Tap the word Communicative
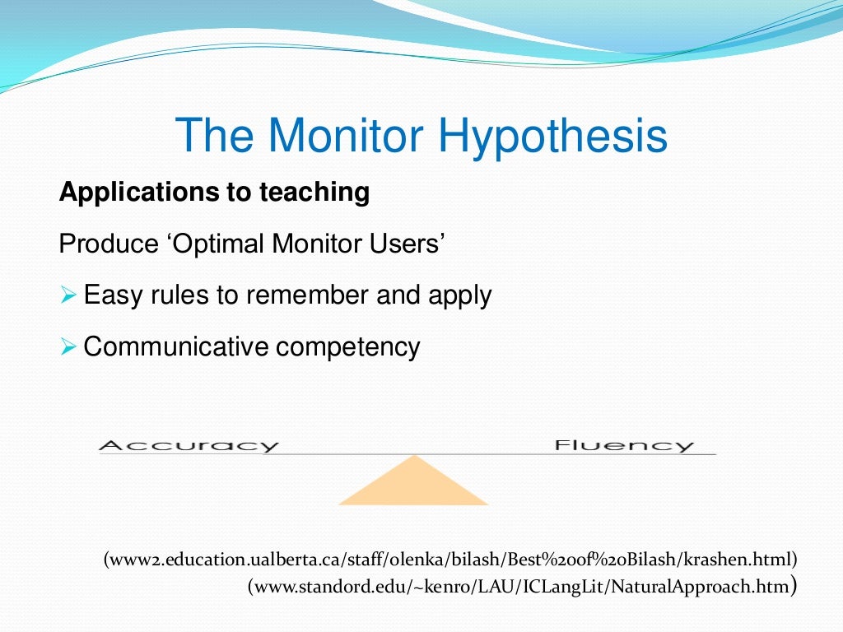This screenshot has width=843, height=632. coord(176,346)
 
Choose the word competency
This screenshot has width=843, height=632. coord(347,347)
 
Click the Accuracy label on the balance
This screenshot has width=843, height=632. coord(189,446)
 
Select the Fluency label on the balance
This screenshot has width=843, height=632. coord(624,446)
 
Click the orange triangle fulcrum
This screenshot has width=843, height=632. coord(413,484)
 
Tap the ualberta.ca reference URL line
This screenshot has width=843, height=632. coord(450,560)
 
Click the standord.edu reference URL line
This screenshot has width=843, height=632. coord(521,588)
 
